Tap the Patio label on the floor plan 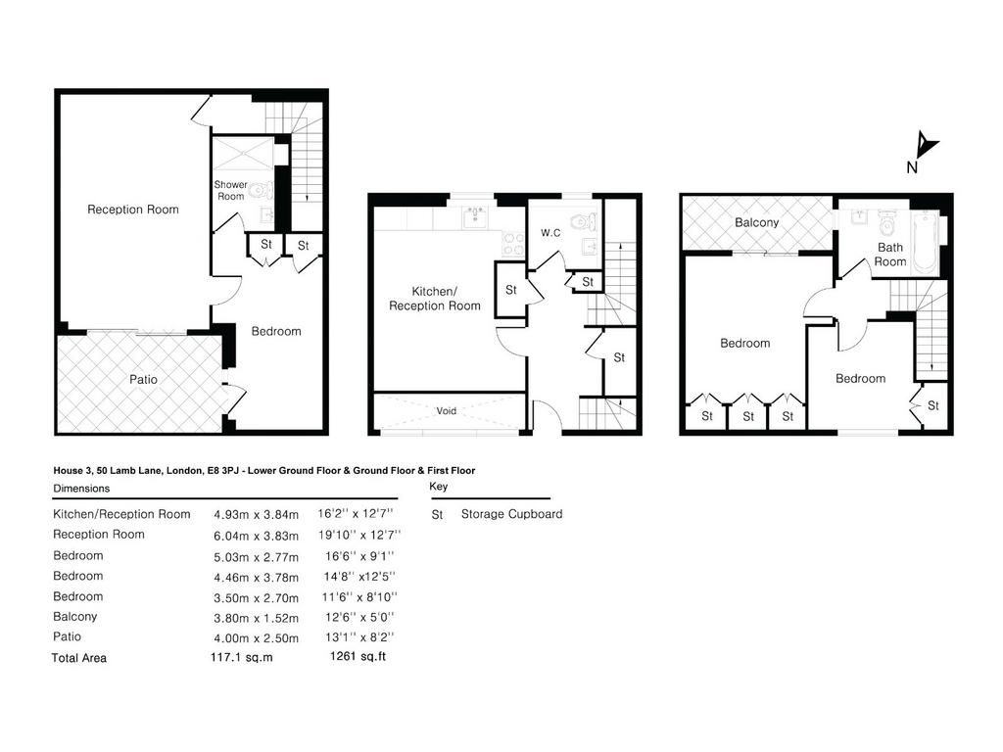143,379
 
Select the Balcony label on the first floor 757,222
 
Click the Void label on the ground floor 447,410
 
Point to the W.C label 550,233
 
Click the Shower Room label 230,190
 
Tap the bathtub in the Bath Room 924,244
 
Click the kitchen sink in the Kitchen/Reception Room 475,216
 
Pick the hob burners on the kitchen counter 513,244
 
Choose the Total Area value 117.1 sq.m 242,657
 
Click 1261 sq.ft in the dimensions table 358,656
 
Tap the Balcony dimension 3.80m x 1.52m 256,618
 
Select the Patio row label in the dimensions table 68,636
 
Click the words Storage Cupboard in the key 511,514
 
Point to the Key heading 438,487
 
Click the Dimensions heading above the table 81,489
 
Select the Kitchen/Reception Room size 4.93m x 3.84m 256,515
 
